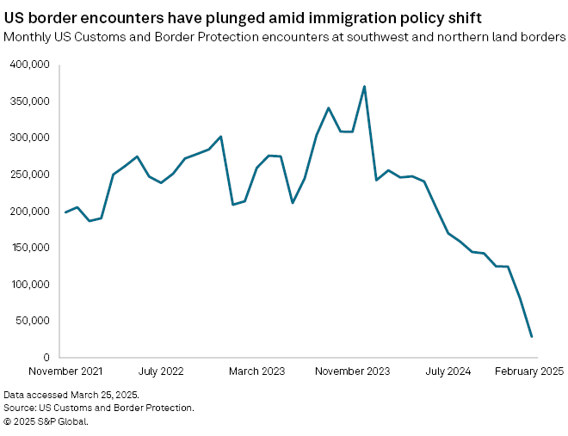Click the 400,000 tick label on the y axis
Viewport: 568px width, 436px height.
[x=31, y=64]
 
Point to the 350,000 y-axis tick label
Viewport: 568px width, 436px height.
[x=31, y=101]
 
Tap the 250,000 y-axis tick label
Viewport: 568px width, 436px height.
[x=31, y=175]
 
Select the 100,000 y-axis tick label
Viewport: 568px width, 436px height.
[x=31, y=285]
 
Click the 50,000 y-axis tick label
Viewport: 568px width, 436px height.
[x=34, y=321]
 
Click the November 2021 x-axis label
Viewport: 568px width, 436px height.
[x=65, y=372]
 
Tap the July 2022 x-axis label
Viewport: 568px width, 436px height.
[x=161, y=372]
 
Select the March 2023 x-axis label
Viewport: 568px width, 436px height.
[x=256, y=372]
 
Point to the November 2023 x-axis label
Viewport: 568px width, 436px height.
[x=352, y=372]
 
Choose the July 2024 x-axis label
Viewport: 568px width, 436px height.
[x=448, y=372]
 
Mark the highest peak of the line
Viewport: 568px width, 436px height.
[x=364, y=86]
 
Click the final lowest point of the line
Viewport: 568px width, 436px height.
[x=531, y=336]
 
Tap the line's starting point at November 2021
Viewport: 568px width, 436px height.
[x=65, y=212]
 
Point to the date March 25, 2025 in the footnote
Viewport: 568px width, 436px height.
[x=105, y=394]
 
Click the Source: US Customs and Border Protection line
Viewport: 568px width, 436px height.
[x=99, y=408]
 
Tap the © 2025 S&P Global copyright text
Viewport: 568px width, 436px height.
[x=46, y=421]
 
